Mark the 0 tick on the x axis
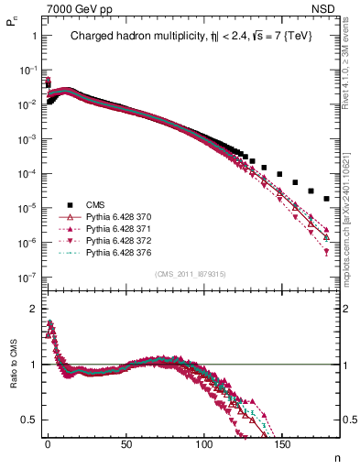coord(47,445)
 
